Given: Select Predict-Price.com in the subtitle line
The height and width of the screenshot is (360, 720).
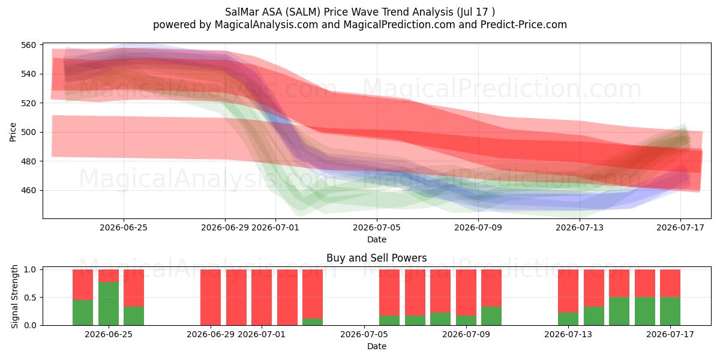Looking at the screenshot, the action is tap(524, 25).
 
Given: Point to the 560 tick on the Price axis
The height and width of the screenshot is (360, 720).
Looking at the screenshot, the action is tap(28, 45).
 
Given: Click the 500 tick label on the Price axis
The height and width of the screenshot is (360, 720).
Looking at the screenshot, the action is tap(28, 132).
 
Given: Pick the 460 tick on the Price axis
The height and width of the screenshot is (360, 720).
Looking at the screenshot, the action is tap(28, 190).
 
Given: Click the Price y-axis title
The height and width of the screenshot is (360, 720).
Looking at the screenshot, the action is tap(13, 132).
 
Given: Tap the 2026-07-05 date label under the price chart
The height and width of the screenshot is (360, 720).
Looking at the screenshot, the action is tap(377, 227).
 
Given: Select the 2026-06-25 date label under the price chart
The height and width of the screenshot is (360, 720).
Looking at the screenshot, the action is tap(124, 227).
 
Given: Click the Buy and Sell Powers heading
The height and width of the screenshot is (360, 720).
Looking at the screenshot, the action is tap(376, 258).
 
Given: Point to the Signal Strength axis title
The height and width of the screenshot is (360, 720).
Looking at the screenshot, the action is tap(14, 296).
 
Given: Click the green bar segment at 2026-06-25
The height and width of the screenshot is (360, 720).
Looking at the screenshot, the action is tap(109, 304).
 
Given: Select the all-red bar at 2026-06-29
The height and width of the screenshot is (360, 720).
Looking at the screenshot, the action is tap(211, 298).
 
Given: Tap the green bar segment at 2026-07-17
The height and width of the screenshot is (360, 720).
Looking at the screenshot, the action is tap(670, 311).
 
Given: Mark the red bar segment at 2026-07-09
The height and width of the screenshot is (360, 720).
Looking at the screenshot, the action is tap(466, 293).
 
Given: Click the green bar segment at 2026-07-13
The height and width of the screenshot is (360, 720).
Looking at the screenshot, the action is tap(568, 319).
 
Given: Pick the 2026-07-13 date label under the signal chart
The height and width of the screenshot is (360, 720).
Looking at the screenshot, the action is tap(568, 334).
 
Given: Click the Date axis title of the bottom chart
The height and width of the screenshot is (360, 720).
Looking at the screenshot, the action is tap(377, 346).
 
